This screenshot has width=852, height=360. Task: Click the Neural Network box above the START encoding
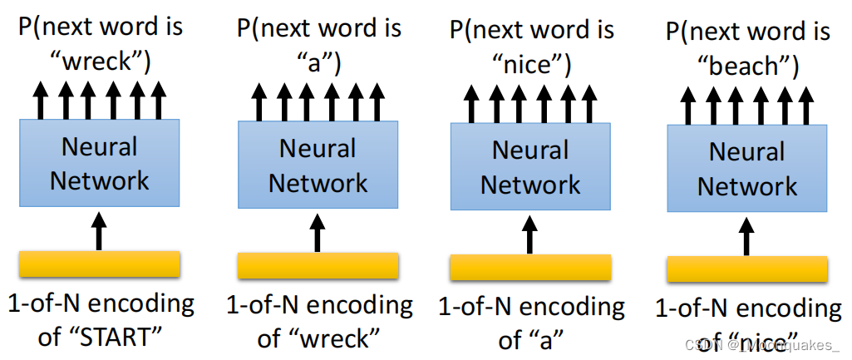pos(99,163)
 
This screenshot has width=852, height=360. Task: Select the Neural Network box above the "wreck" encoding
pos(318,165)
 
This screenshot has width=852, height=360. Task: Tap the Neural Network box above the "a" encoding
pos(530,166)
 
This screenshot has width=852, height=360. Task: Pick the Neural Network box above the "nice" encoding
pos(747,169)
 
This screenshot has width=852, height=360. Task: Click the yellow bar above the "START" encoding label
pos(99,264)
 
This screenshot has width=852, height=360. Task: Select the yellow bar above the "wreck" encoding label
pos(318,266)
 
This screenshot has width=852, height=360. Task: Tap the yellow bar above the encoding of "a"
pos(530,268)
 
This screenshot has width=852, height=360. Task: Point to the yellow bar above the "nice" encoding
pos(747,269)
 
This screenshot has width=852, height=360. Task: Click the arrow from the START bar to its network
pos(99,229)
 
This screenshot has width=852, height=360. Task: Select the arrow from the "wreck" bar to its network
pos(317,232)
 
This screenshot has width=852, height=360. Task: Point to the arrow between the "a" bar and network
pos(529,234)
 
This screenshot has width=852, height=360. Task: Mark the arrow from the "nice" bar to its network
pos(747,236)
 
